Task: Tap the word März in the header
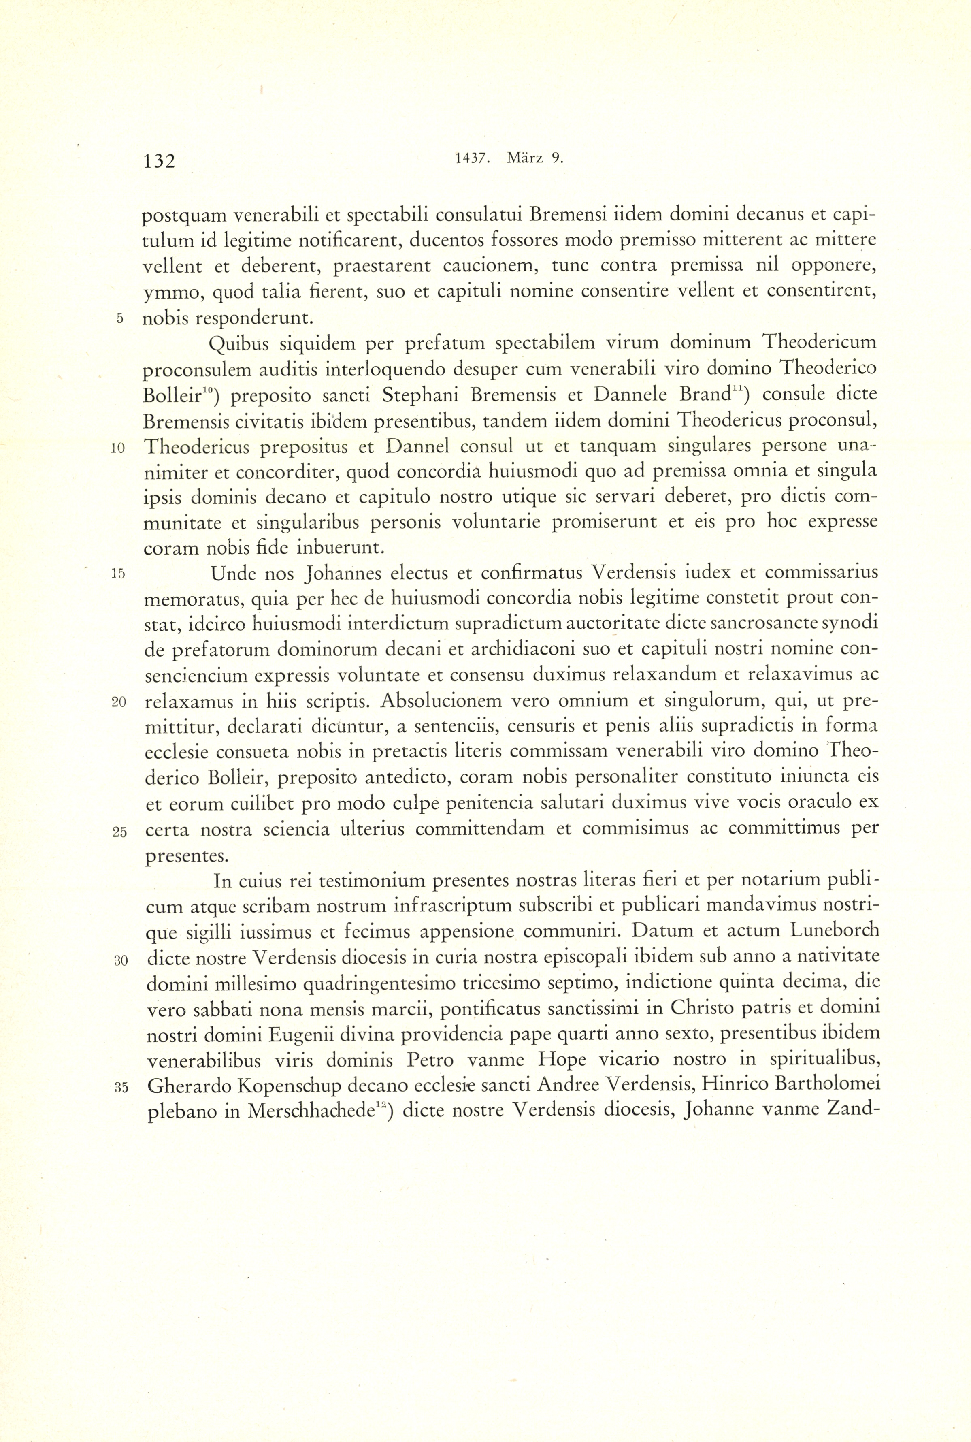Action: tap(524, 158)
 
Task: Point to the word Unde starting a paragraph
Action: tap(232, 574)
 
